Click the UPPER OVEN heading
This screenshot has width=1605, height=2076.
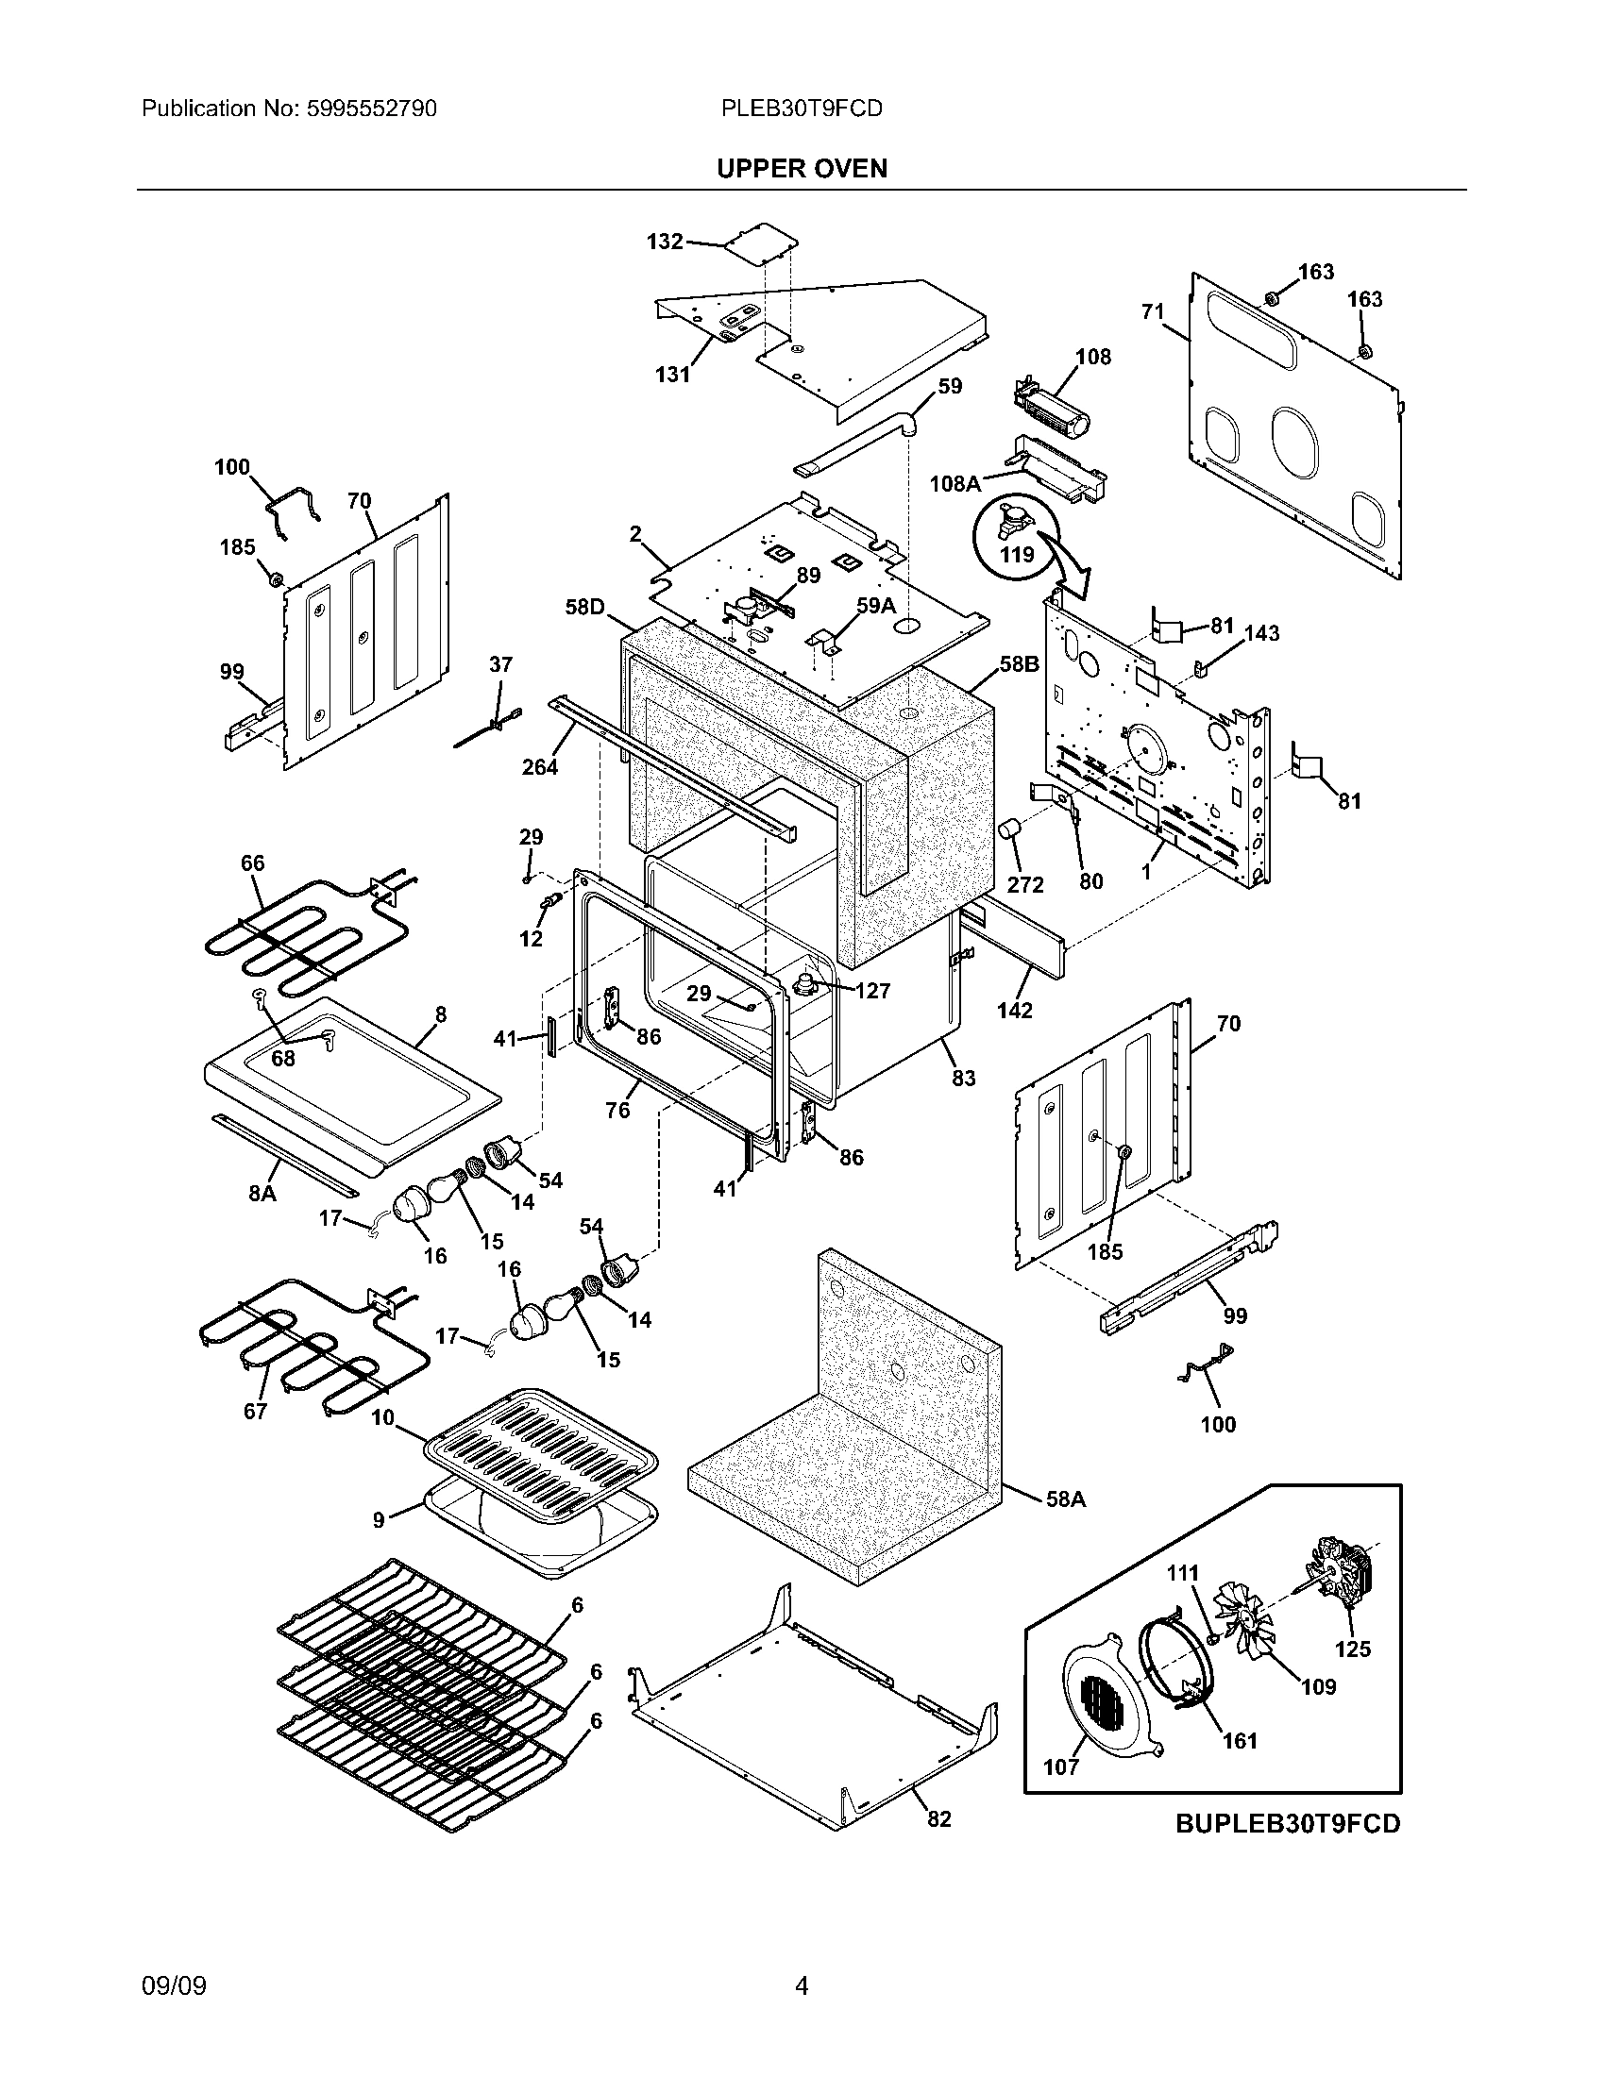pyautogui.click(x=802, y=168)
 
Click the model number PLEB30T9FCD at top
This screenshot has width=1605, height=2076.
pyautogui.click(x=802, y=109)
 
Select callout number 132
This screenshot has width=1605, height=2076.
pyautogui.click(x=665, y=242)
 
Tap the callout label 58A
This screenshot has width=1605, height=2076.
pyautogui.click(x=1065, y=1499)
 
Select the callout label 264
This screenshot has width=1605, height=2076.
pyautogui.click(x=539, y=766)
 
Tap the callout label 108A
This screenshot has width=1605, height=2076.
pyautogui.click(x=955, y=484)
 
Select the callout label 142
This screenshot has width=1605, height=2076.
pyautogui.click(x=1015, y=1010)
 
